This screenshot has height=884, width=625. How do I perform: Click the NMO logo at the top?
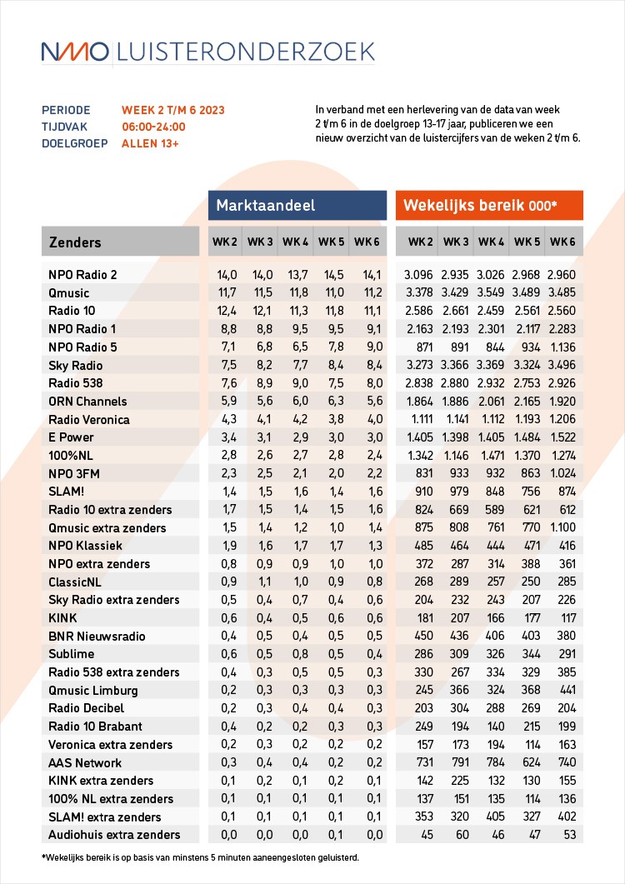[75, 52]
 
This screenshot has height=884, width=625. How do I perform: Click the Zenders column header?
[75, 242]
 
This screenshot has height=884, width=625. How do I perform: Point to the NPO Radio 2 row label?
[82, 275]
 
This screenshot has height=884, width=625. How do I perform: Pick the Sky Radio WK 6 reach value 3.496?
[562, 365]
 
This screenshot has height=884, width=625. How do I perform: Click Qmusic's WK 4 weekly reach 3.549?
[490, 293]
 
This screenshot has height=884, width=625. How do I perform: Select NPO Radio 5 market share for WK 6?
[367, 347]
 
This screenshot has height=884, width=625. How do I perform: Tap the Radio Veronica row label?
[88, 419]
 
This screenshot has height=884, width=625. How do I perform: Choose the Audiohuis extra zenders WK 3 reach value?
[456, 835]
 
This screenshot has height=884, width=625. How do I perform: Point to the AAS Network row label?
[85, 762]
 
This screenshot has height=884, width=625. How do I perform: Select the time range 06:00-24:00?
[153, 127]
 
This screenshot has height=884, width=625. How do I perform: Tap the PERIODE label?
[63, 110]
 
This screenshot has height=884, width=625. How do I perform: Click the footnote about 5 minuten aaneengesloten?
[200, 857]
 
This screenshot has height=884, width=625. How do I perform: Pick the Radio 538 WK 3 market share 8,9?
[260, 383]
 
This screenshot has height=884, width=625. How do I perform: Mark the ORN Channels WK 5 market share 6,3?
[332, 401]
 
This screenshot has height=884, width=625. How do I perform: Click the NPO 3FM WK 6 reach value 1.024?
[562, 473]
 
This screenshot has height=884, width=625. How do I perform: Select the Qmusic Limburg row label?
[93, 691]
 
